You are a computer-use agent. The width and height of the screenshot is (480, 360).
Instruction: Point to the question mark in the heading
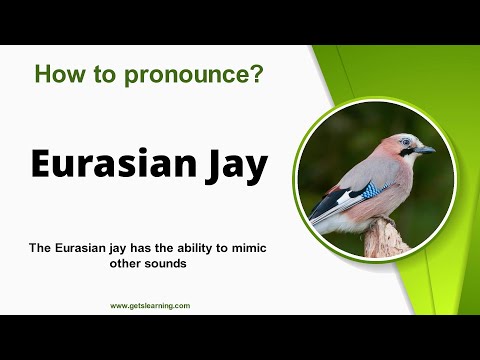tap(256, 73)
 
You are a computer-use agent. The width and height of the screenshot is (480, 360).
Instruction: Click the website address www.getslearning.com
tap(150, 306)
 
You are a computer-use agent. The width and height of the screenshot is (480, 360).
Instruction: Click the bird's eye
tap(406, 142)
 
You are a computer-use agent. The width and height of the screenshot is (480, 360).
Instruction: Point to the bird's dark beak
tap(426, 150)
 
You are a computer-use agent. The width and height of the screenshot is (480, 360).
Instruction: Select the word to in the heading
tap(103, 73)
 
